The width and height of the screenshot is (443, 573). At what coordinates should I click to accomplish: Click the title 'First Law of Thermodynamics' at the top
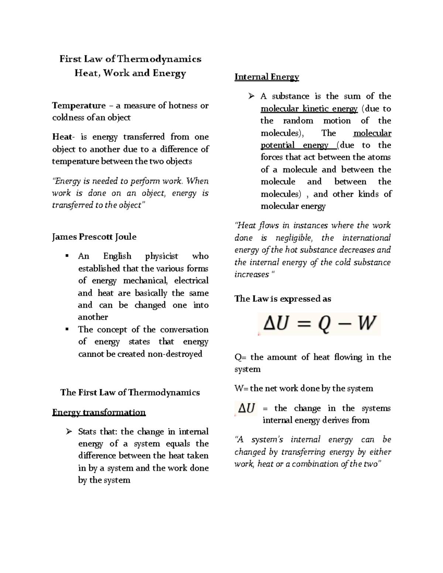coord(130,59)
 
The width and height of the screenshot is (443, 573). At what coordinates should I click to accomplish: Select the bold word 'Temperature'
coord(79,106)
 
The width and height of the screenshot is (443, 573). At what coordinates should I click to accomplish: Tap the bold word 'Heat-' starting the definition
coord(63,137)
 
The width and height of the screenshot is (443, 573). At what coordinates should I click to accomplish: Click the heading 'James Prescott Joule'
coord(94,237)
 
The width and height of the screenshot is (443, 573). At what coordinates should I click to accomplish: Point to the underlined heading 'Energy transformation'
coord(99,412)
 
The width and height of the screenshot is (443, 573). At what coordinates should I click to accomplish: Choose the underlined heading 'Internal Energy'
coord(267,77)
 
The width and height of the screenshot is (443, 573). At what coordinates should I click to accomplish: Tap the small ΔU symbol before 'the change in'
coord(246,408)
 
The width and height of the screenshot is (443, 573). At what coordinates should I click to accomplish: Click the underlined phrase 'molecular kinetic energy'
coord(309,109)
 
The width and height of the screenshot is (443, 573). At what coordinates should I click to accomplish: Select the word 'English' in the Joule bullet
coord(117,256)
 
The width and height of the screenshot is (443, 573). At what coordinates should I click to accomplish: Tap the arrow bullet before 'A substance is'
coord(251,96)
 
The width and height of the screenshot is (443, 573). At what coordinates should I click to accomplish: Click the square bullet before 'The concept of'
coord(67,329)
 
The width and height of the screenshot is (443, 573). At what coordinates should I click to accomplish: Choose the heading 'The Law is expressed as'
coord(282,299)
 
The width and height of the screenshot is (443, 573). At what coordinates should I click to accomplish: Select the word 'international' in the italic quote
coord(366,238)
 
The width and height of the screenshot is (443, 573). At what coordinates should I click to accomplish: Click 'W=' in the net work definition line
coord(241,389)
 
